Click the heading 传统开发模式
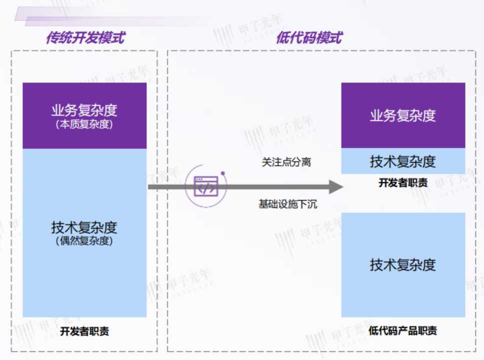[85, 38]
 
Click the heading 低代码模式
[309, 38]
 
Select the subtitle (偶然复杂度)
[84, 241]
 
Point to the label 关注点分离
[286, 162]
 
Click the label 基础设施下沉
[287, 204]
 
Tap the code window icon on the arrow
[205, 187]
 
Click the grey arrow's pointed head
[335, 187]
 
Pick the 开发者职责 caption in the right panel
[403, 182]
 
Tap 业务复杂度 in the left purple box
[84, 110]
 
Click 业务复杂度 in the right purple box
[403, 115]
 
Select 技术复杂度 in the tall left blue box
[84, 228]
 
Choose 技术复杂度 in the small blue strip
[403, 161]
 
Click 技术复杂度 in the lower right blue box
[403, 264]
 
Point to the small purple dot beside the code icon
[222, 173]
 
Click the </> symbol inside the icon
[205, 189]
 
